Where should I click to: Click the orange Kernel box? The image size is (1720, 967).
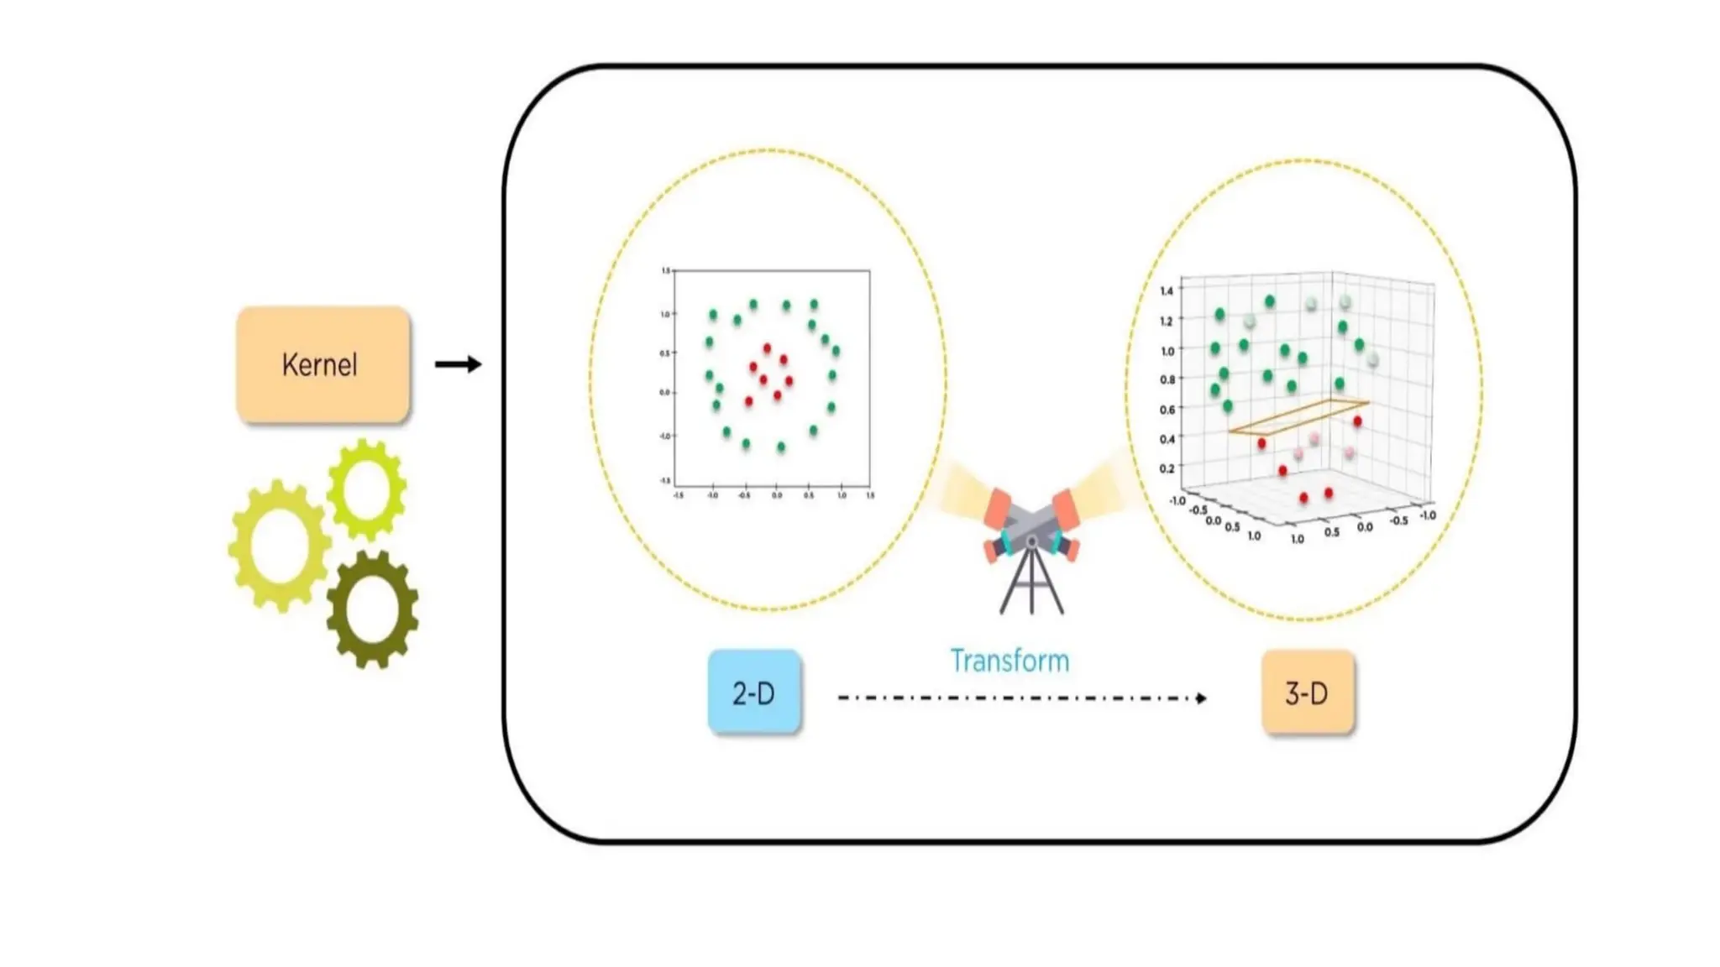(x=323, y=364)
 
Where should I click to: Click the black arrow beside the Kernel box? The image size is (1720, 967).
(x=458, y=364)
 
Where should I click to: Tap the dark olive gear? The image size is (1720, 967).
(x=372, y=609)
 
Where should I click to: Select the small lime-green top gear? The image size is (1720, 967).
(x=367, y=489)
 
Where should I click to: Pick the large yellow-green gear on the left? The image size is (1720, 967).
(x=279, y=545)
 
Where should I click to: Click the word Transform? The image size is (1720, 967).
(x=1009, y=661)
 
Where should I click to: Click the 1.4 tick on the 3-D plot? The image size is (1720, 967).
(x=1167, y=291)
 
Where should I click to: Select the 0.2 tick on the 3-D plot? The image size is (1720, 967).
(x=1167, y=468)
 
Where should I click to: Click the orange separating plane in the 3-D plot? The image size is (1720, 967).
(x=1298, y=417)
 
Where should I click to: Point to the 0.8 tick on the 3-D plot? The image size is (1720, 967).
(x=1167, y=379)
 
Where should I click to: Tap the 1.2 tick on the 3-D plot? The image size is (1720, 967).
(x=1167, y=321)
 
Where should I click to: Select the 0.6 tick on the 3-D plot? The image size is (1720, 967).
(x=1167, y=410)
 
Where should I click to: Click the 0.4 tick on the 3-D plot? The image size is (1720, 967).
(x=1167, y=439)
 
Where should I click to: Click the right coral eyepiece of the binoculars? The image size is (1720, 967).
(x=1064, y=509)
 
